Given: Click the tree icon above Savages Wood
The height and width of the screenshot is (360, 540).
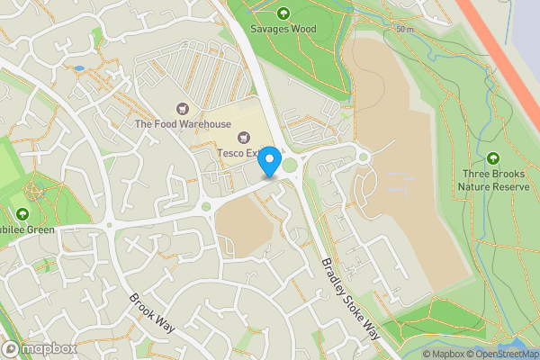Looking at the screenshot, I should [283, 13].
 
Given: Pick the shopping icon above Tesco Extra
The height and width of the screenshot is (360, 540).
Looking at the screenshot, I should [242, 137].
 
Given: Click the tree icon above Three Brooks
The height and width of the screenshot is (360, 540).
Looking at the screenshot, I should [492, 158].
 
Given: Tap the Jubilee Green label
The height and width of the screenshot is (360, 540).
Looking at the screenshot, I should [25, 229].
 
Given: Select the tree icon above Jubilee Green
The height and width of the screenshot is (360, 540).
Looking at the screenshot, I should [22, 213].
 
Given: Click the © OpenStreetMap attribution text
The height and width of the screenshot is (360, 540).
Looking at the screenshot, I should [501, 353].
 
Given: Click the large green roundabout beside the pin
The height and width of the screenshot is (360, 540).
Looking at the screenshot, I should [290, 165].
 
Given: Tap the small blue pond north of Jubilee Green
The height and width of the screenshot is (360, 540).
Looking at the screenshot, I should [79, 67].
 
